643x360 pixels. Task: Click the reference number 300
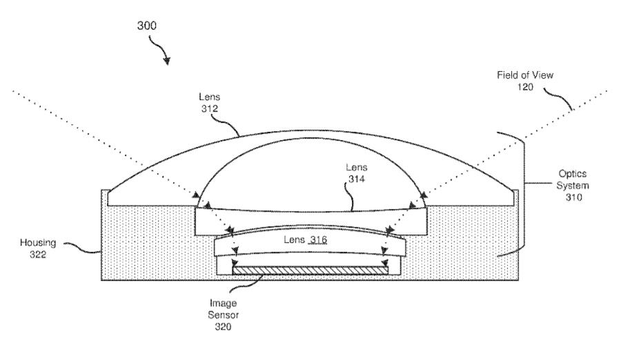pyautogui.click(x=146, y=26)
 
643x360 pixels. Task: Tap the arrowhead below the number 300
pyautogui.click(x=166, y=61)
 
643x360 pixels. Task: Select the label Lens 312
pyautogui.click(x=209, y=103)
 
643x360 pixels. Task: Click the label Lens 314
pyautogui.click(x=357, y=173)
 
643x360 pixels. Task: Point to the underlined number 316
pyautogui.click(x=318, y=240)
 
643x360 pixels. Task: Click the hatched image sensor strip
pyautogui.click(x=310, y=270)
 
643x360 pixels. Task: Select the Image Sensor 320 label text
pyautogui.click(x=223, y=315)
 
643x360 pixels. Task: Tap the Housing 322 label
pyautogui.click(x=38, y=248)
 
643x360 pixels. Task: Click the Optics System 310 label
pyautogui.click(x=573, y=186)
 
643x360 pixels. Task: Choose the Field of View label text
pyautogui.click(x=525, y=75)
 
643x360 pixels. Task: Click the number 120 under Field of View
pyautogui.click(x=525, y=87)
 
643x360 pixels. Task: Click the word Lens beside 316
pyautogui.click(x=294, y=240)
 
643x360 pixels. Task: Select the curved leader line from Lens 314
pyautogui.click(x=349, y=196)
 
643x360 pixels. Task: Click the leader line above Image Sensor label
pyautogui.click(x=247, y=284)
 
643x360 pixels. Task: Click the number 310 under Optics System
pyautogui.click(x=574, y=197)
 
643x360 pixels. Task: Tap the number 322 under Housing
pyautogui.click(x=38, y=254)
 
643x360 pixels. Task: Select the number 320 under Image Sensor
pyautogui.click(x=223, y=327)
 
